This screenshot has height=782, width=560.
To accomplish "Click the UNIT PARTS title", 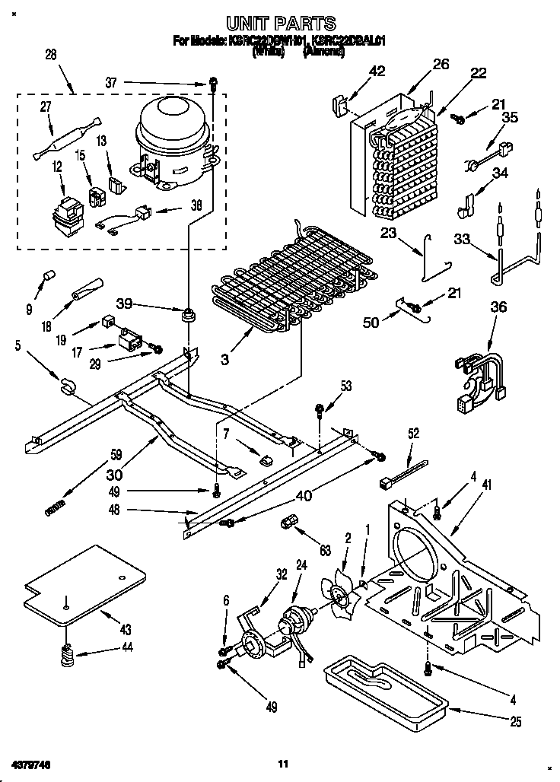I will pos(281,24).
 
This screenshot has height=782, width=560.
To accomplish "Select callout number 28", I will pos(49,54).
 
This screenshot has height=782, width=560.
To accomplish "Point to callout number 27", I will pos(45,108).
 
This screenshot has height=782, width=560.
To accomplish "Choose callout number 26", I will pos(441,65).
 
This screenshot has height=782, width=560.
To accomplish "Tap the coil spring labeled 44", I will pos(67,653).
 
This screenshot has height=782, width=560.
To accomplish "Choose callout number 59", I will pos(116,457).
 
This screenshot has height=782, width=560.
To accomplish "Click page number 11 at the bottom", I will pos(282,763).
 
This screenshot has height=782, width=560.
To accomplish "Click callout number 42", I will pos(377,72).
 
